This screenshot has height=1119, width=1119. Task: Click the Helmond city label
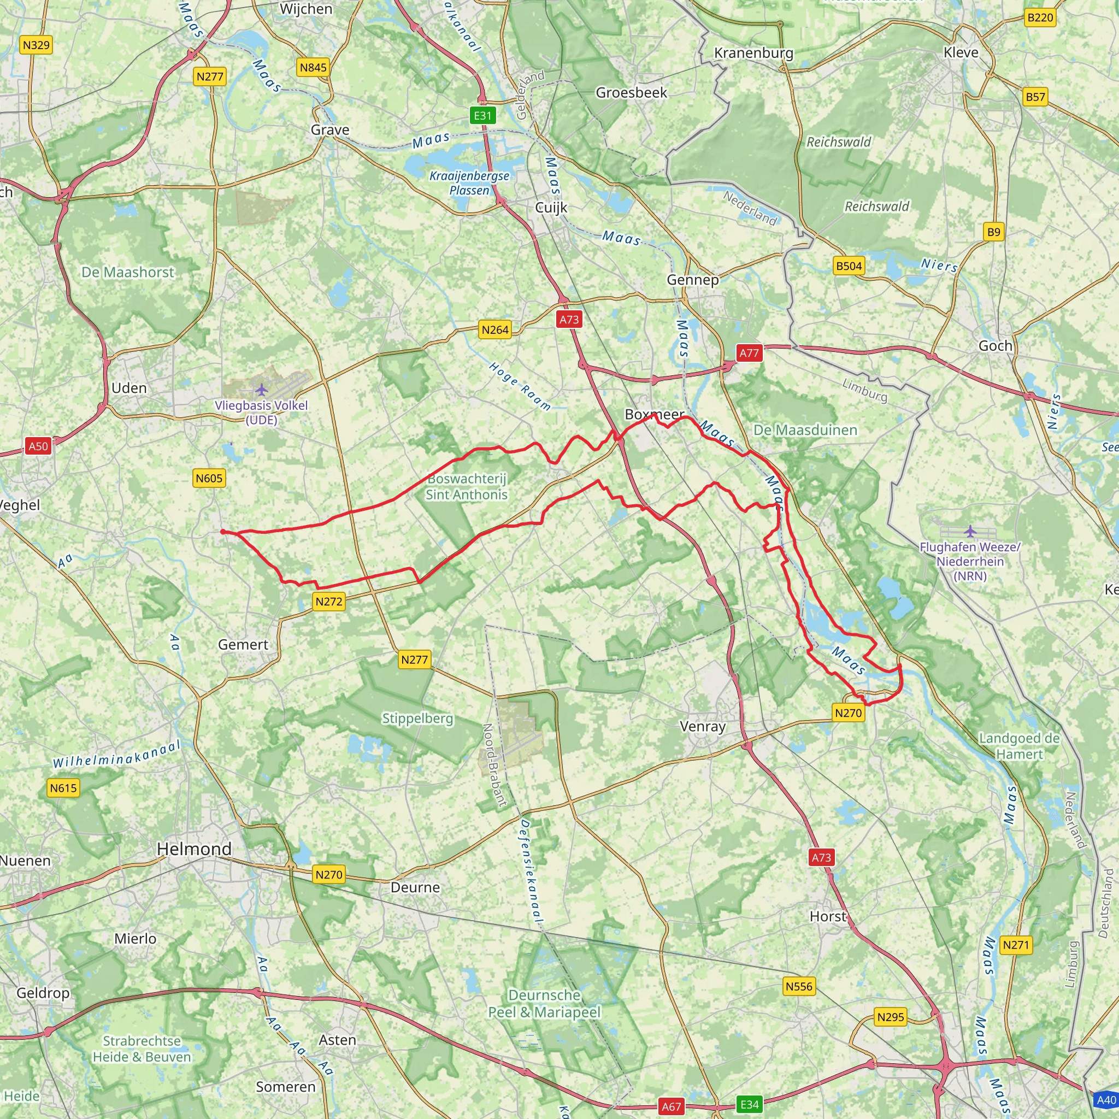[x=194, y=849]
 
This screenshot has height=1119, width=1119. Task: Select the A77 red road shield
[x=749, y=353]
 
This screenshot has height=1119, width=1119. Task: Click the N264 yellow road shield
[x=495, y=329]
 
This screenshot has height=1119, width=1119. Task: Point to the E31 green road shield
[x=482, y=115]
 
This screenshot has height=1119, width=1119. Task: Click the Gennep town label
[x=693, y=280]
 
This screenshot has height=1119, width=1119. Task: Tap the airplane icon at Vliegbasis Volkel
[x=262, y=389]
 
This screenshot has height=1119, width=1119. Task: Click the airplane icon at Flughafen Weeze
[x=970, y=531]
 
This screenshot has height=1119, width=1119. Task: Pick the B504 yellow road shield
[x=849, y=266]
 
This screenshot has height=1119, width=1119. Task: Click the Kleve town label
[x=961, y=52]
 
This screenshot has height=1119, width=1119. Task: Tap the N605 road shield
[x=209, y=478]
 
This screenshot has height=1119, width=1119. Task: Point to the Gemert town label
[x=243, y=644]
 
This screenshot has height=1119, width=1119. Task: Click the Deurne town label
[x=415, y=887]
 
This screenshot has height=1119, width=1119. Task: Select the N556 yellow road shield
[x=799, y=986]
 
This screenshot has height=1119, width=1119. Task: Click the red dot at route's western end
[x=223, y=532]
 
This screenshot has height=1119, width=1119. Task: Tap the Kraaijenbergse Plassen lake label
[x=469, y=182]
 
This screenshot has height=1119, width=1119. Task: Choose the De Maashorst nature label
[x=127, y=272]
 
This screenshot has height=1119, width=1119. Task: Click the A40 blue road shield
[x=1106, y=1100]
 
